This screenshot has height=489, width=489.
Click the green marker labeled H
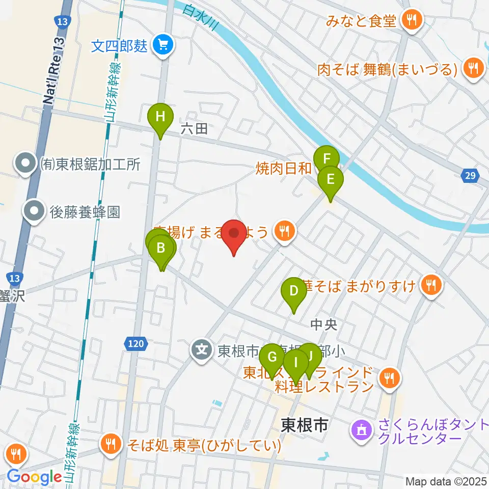160,117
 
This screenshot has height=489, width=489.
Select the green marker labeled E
330,179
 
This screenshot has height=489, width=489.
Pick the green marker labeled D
293,291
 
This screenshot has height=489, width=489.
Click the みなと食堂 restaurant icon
411,21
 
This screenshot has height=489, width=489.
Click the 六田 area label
194,129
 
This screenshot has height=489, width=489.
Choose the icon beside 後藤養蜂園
35,212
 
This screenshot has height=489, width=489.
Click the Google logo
35,477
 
